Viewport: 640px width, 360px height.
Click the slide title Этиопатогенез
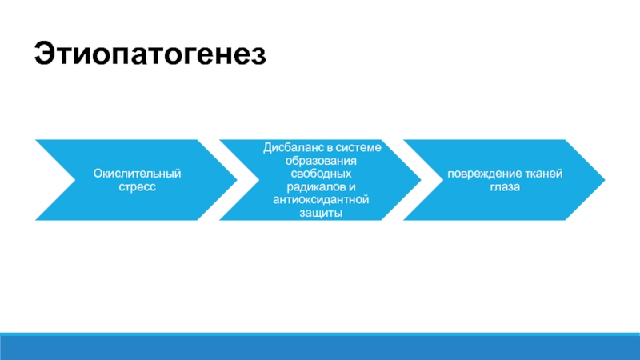(x=148, y=55)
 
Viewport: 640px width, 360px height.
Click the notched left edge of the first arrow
(x=66, y=179)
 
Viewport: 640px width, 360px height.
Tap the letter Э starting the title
(x=43, y=55)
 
